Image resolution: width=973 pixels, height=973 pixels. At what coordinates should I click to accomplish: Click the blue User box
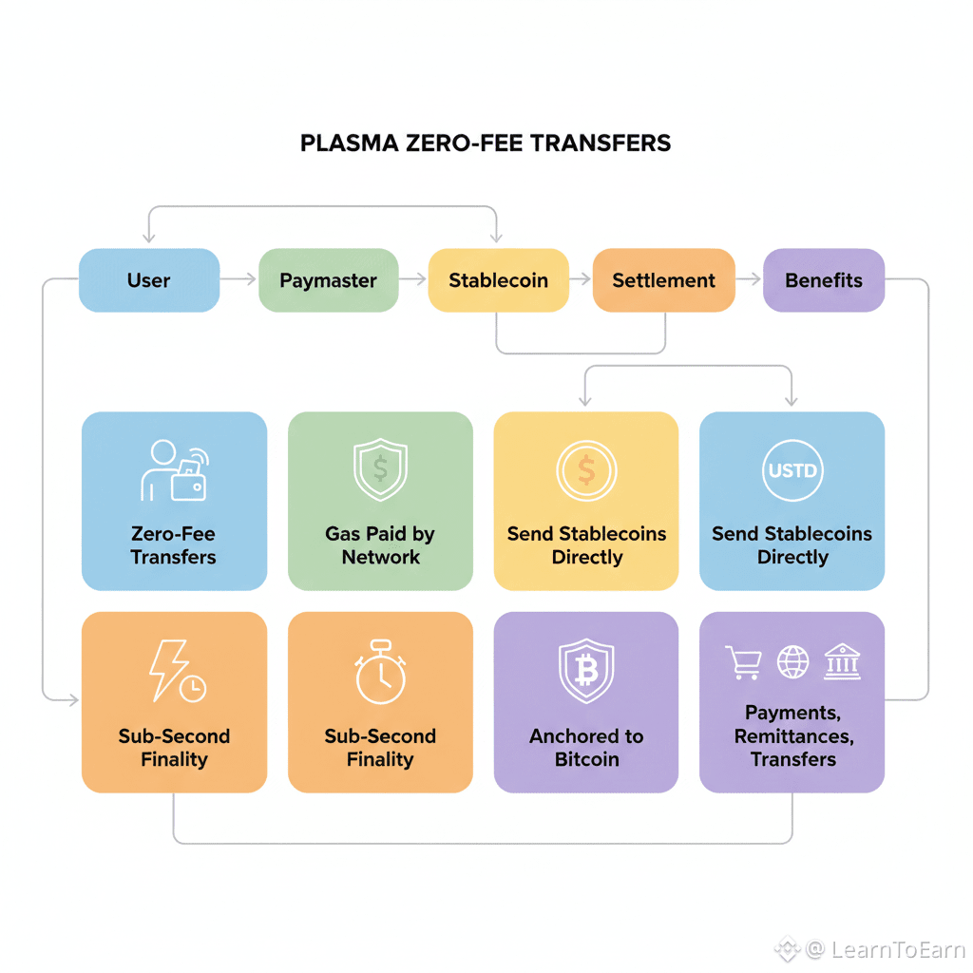pyautogui.click(x=149, y=280)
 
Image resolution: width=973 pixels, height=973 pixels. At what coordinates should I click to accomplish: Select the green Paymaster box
pyautogui.click(x=328, y=280)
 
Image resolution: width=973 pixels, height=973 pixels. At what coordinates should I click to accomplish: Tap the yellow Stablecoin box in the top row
pyautogui.click(x=498, y=280)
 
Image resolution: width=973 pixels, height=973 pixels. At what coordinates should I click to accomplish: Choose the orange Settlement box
pyautogui.click(x=663, y=280)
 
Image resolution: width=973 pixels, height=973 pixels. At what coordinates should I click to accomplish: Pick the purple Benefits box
pyautogui.click(x=824, y=280)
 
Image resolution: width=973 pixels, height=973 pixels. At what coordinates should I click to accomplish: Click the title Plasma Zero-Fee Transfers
pyautogui.click(x=486, y=143)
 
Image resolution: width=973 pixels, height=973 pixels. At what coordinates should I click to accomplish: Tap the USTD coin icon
pyautogui.click(x=792, y=470)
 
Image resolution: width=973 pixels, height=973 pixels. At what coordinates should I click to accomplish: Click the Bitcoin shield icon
pyautogui.click(x=586, y=671)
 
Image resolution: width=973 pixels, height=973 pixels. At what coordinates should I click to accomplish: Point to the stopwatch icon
pyautogui.click(x=380, y=673)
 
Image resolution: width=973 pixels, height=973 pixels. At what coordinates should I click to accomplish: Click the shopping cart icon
pyautogui.click(x=744, y=662)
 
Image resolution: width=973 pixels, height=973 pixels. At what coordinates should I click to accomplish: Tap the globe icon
pyautogui.click(x=793, y=662)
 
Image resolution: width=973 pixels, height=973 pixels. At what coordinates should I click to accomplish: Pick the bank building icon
pyautogui.click(x=843, y=661)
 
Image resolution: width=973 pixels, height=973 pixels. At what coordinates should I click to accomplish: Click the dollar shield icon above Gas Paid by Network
pyautogui.click(x=380, y=470)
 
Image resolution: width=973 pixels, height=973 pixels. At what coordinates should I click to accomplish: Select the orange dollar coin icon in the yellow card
pyautogui.click(x=586, y=470)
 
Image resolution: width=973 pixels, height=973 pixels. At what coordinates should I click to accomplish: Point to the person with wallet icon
pyautogui.click(x=174, y=470)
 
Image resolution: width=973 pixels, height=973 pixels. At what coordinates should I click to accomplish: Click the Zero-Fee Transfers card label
pyautogui.click(x=174, y=545)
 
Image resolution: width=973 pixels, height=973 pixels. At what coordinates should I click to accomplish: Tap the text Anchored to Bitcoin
pyautogui.click(x=586, y=748)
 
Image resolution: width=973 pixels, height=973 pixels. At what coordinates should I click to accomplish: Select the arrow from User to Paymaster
pyautogui.click(x=239, y=279)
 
